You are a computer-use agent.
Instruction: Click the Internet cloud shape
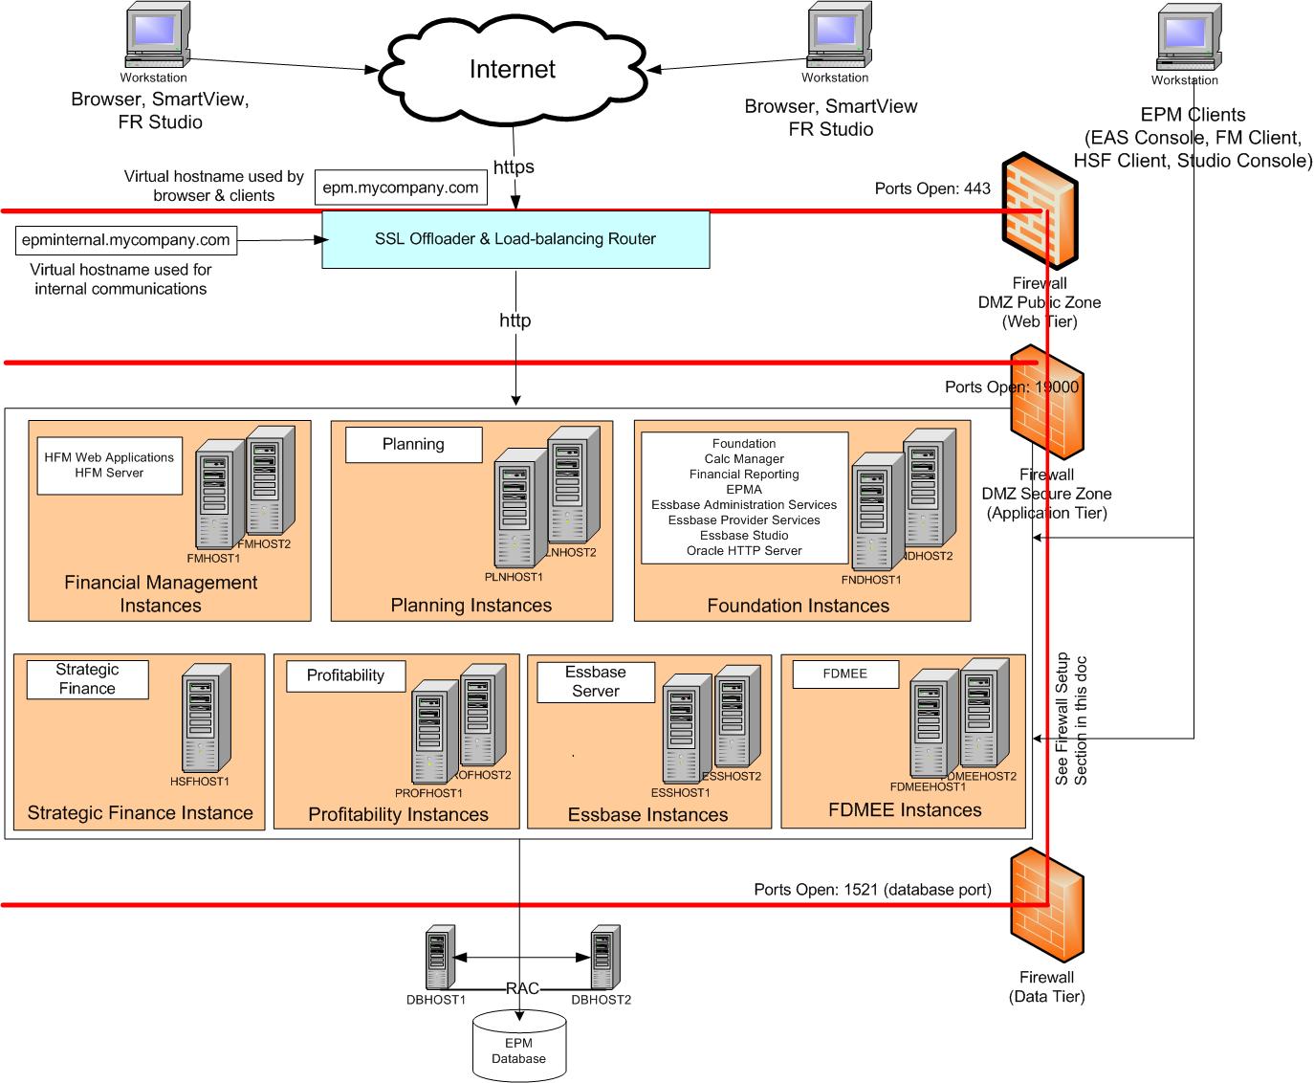pyautogui.click(x=512, y=69)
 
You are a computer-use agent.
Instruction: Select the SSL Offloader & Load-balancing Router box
pyautogui.click(x=515, y=239)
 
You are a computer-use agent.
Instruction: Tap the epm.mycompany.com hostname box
pyautogui.click(x=400, y=188)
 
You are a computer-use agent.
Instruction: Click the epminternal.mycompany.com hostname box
pyautogui.click(x=126, y=240)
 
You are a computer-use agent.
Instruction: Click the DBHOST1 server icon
pyautogui.click(x=439, y=959)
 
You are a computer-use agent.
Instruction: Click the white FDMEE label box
pyautogui.click(x=845, y=674)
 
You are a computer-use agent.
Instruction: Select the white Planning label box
pyautogui.click(x=413, y=444)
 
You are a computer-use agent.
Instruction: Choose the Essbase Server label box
pyautogui.click(x=596, y=682)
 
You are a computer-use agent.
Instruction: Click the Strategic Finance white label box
pyautogui.click(x=87, y=679)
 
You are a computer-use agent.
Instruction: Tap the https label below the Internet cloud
pyautogui.click(x=514, y=166)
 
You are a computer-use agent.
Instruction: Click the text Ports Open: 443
pyautogui.click(x=932, y=188)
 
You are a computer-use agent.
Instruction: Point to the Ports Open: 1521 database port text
pyautogui.click(x=872, y=890)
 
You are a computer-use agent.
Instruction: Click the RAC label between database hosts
pyautogui.click(x=522, y=988)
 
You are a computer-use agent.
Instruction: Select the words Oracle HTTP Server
pyautogui.click(x=744, y=551)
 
